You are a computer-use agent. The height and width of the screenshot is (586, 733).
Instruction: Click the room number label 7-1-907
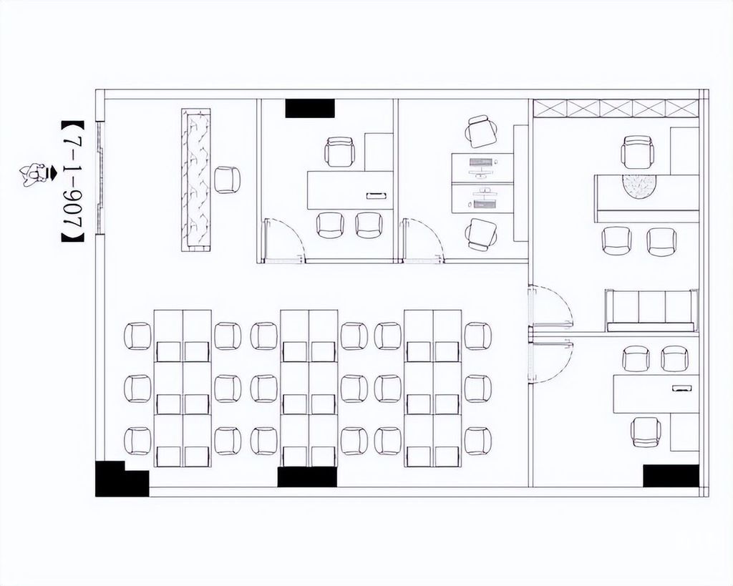point(72,182)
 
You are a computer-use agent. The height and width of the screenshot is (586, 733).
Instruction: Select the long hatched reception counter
point(196,180)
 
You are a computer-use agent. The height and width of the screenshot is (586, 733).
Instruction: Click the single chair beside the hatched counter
point(227,180)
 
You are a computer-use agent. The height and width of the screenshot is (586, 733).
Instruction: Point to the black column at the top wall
point(310,109)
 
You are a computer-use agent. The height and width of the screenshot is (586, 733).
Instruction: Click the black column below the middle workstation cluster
point(307,477)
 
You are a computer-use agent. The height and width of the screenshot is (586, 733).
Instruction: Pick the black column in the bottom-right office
point(671,476)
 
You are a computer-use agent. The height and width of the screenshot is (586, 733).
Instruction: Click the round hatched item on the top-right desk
point(639,186)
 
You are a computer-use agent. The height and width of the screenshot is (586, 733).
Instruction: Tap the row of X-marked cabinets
point(616,109)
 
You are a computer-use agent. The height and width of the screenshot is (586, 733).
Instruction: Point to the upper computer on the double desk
point(482,167)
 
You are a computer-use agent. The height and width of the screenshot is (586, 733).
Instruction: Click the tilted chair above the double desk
point(482,132)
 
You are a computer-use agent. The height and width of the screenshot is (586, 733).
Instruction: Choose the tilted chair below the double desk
point(482,234)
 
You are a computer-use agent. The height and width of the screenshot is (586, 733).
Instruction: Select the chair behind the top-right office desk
point(637,152)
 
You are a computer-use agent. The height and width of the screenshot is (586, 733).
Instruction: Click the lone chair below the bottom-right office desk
point(646,432)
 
